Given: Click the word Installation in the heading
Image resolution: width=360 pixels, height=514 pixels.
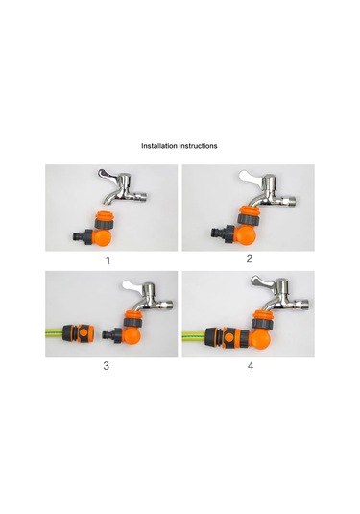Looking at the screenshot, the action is (158, 145).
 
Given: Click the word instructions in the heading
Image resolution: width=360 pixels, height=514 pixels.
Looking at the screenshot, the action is (198, 145).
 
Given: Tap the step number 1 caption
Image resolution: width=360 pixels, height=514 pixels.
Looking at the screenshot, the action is (108, 261).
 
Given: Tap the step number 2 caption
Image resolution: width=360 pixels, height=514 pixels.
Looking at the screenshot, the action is (250, 258).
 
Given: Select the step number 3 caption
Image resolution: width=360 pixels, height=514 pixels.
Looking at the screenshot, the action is (107, 366).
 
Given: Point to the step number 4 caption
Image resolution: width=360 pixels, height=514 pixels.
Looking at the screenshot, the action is (251, 366).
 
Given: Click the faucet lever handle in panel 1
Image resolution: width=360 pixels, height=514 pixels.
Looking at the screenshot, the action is (108, 174).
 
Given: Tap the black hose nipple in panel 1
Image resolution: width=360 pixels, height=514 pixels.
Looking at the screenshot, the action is (80, 236).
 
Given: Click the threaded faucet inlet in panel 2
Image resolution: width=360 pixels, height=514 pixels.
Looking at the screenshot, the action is (291, 200).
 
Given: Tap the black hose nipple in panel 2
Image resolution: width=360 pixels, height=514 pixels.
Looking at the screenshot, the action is (219, 233).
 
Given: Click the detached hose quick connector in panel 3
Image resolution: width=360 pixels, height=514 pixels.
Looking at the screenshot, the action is (78, 333).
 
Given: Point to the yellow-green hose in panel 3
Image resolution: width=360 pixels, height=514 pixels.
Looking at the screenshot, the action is (54, 333).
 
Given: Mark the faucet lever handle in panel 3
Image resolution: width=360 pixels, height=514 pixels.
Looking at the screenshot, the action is (133, 286).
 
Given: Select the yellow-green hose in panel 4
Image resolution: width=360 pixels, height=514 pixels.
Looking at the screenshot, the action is (194, 336).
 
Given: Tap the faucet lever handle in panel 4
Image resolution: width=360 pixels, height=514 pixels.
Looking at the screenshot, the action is (262, 281).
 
